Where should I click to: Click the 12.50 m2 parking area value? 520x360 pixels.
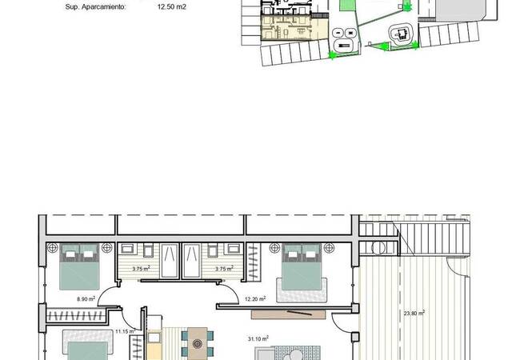click(172, 6)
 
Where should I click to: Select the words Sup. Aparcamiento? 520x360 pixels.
click(95, 7)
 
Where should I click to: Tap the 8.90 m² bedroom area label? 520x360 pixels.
click(86, 298)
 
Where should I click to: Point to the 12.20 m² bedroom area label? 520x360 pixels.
click(255, 298)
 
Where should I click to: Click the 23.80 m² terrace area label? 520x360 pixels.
click(414, 313)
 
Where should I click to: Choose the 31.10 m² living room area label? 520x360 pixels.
click(258, 338)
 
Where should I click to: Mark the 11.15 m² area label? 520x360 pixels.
click(125, 331)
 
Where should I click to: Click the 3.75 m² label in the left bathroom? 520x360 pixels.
click(142, 269)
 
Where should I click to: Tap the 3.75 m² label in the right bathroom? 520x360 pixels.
click(224, 269)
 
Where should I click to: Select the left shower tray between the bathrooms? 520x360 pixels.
click(170, 261)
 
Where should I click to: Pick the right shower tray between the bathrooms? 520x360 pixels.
click(192, 261)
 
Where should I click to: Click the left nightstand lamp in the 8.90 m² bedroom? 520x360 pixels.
click(52, 248)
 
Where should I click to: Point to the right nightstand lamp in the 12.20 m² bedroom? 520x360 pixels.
click(329, 248)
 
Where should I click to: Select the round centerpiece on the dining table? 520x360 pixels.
click(198, 343)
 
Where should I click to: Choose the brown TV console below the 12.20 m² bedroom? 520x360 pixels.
click(288, 314)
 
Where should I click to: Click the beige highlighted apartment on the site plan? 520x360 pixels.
click(294, 29)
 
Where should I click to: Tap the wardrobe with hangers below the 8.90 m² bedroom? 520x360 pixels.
click(76, 316)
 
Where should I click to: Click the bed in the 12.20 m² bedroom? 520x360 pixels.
click(302, 267)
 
